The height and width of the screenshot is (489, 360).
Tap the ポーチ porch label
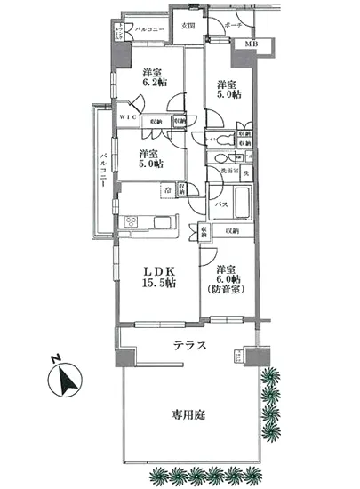point(234,25)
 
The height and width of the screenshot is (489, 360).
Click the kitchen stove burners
point(132,222)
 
